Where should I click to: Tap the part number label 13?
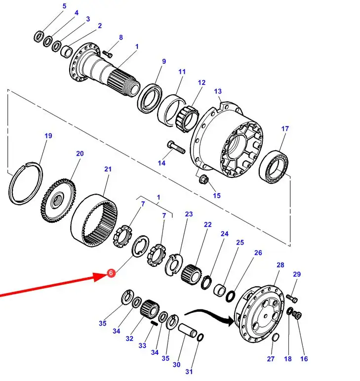click(218, 91)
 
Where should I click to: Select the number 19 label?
click(48, 136)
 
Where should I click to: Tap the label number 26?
click(258, 253)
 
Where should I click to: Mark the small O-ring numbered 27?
click(276, 338)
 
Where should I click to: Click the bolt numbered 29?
click(292, 297)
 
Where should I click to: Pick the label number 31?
click(190, 371)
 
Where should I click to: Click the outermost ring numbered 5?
click(39, 36)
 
